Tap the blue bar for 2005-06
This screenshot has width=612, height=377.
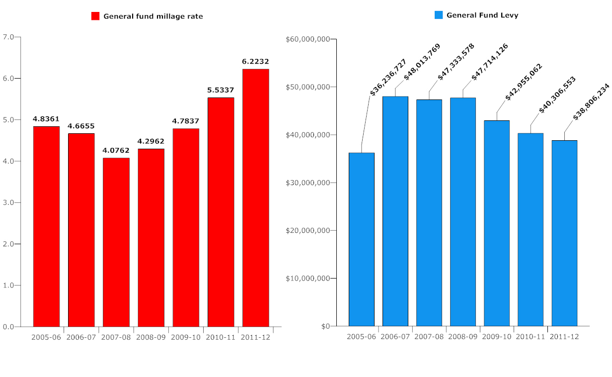pyautogui.click(x=361, y=239)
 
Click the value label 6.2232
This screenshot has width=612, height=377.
pyautogui.click(x=255, y=62)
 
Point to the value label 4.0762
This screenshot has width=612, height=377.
pyautogui.click(x=116, y=150)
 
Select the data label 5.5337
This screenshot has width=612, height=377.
pyautogui.click(x=221, y=90)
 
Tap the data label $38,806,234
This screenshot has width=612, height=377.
pyautogui.click(x=591, y=102)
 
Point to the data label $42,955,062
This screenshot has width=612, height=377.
pyautogui.click(x=524, y=82)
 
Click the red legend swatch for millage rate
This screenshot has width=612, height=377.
pyautogui.click(x=96, y=16)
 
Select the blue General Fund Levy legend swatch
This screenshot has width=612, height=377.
pyautogui.click(x=439, y=15)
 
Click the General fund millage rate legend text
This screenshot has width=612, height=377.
pyautogui.click(x=153, y=16)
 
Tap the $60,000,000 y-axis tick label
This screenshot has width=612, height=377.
pyautogui.click(x=308, y=39)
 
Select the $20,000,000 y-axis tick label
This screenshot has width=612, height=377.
pyautogui.click(x=308, y=231)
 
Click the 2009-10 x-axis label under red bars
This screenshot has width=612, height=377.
pyautogui.click(x=186, y=337)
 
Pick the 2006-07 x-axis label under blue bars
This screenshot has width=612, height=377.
pyautogui.click(x=395, y=337)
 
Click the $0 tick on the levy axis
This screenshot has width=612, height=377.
pyautogui.click(x=325, y=326)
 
